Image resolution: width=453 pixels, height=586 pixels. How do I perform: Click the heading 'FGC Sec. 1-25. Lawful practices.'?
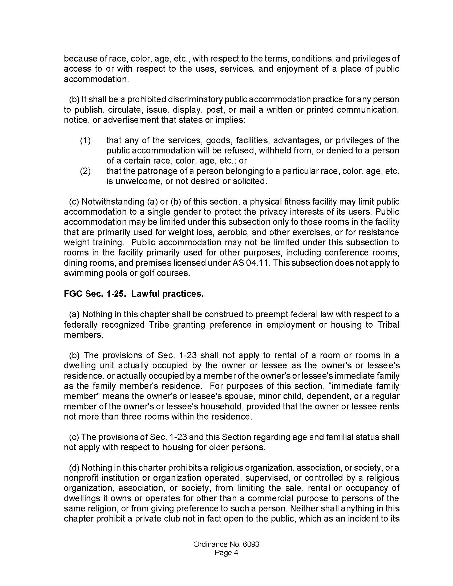click(x=134, y=294)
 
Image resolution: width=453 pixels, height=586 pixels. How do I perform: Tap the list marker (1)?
click(x=85, y=140)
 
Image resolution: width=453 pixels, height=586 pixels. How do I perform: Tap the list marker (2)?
click(x=85, y=171)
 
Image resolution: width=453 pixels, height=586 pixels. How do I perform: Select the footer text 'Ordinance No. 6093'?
click(x=226, y=544)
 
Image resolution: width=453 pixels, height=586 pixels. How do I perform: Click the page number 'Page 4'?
click(x=226, y=553)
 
